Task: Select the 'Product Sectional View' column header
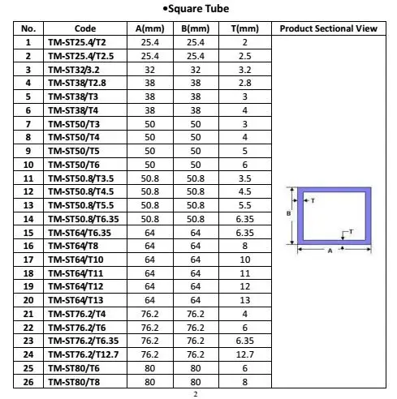tap(328, 28)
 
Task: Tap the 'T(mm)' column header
tap(244, 28)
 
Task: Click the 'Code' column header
tap(85, 28)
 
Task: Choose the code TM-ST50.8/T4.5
tap(85, 191)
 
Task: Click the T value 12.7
tap(244, 354)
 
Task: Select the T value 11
tap(244, 272)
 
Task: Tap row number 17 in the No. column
tap(28, 259)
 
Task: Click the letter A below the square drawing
tap(330, 251)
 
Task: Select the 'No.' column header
tap(28, 28)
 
